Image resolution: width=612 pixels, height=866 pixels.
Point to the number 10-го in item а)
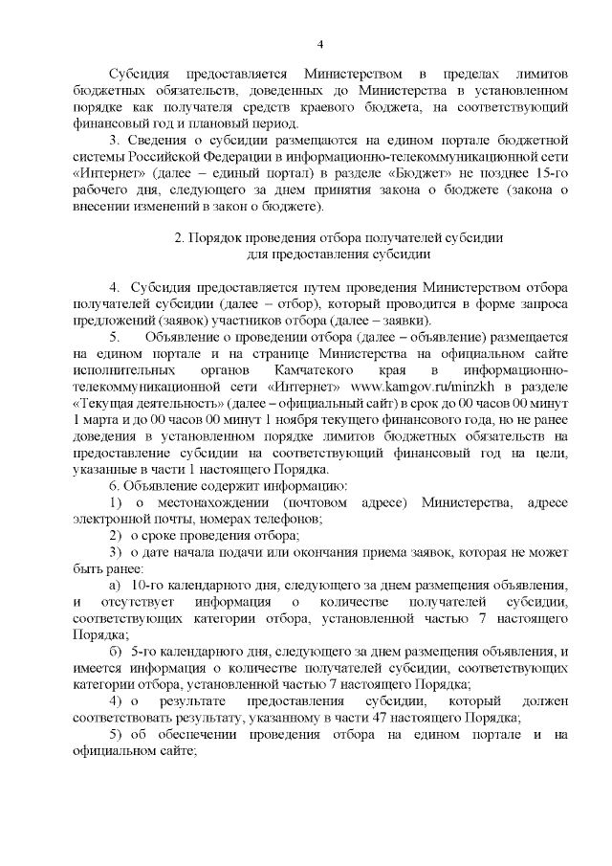[144, 585]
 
